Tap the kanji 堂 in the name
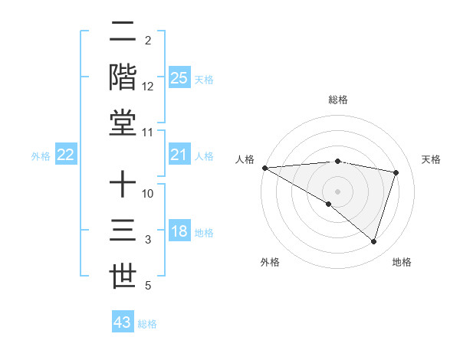coord(123,123)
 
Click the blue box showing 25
coord(179,78)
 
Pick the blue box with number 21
coord(179,155)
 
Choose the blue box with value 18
coord(179,232)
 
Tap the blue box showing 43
coord(123,322)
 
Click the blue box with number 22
coord(66,155)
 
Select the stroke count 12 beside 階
coord(149,87)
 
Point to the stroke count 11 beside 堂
coord(149,133)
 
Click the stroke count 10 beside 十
coord(149,195)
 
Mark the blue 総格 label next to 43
coord(147,324)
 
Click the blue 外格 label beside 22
coord(41,156)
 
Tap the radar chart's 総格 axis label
coord(338,100)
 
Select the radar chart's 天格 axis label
coord(431,159)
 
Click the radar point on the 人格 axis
coord(264,168)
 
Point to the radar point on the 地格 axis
coord(373,241)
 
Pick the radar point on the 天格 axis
coord(396,172)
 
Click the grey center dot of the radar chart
coord(337,191)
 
